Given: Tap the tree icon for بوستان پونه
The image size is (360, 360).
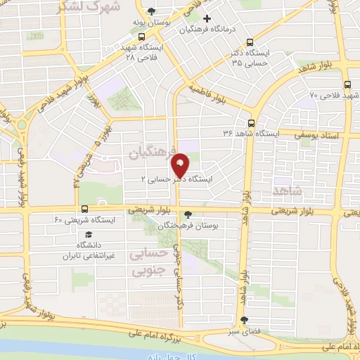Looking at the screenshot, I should tap(152, 10).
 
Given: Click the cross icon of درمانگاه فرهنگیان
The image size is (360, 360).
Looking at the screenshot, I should tap(206, 18).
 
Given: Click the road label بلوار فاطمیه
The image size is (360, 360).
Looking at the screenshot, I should tap(209, 93).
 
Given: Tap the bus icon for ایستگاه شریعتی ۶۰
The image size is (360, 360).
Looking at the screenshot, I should tap(84, 209).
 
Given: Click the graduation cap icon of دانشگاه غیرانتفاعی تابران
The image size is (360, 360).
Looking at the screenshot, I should tap(89, 234).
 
